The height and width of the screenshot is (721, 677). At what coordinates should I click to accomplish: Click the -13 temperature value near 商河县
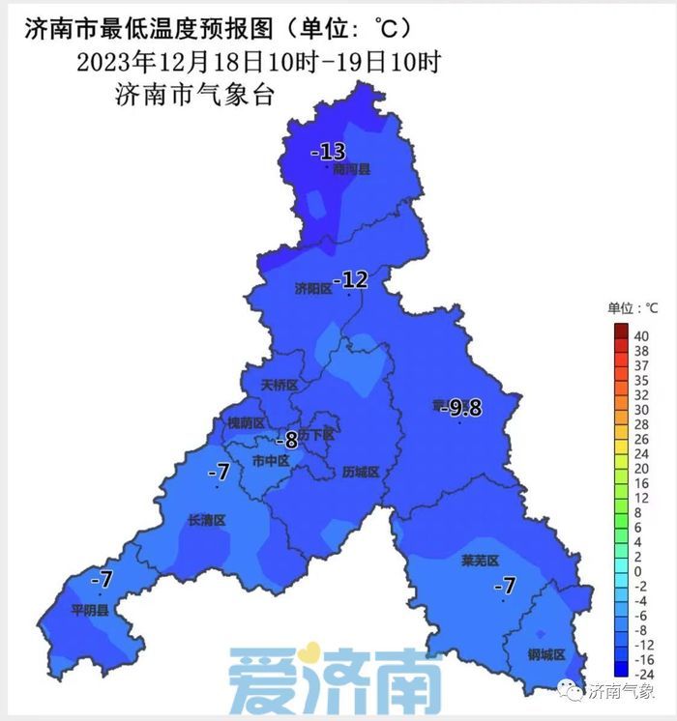(x=328, y=152)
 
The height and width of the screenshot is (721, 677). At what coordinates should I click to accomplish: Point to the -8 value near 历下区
(x=286, y=441)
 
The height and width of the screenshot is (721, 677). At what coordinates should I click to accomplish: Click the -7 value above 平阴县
(x=102, y=580)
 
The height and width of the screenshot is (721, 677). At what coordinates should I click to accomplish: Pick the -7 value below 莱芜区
(x=504, y=586)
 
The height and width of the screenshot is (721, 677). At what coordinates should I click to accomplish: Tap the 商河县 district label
(x=351, y=169)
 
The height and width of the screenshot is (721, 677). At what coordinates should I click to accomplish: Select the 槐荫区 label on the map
(x=245, y=423)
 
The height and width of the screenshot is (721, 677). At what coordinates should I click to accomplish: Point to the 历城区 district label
(x=361, y=473)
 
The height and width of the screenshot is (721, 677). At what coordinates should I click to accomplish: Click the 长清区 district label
(x=206, y=520)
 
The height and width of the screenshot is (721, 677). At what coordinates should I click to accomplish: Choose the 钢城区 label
(x=546, y=653)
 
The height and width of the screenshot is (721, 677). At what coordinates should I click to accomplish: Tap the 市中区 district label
(x=270, y=461)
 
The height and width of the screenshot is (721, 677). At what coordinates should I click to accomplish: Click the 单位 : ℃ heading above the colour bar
(x=633, y=308)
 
